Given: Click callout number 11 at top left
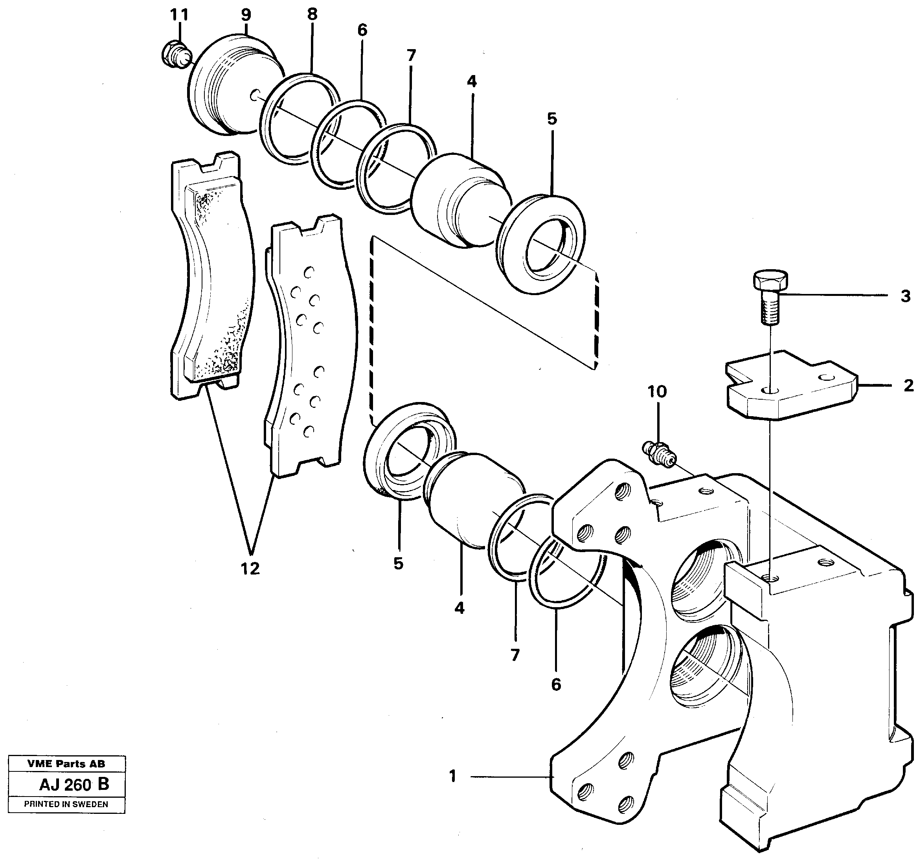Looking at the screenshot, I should (179, 15).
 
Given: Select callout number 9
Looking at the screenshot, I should (246, 15).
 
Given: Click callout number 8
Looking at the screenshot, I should (312, 14).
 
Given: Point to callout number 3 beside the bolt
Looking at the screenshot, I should (906, 296).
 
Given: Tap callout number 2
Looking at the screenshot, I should (908, 386).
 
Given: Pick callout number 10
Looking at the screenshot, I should (657, 392).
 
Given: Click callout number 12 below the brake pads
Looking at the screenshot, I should (250, 569).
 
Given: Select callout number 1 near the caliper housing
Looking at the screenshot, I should (452, 776).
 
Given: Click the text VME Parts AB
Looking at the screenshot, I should (66, 764).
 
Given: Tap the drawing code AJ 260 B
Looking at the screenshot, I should (74, 785).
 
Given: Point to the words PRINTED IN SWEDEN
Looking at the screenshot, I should (66, 804).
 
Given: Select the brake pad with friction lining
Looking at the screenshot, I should (213, 277).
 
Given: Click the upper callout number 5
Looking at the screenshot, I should (552, 119).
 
